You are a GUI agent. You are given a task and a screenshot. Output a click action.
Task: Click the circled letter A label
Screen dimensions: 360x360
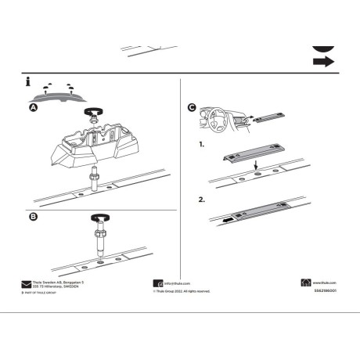[32, 110]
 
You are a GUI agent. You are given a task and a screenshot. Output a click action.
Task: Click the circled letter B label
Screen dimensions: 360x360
[32, 217]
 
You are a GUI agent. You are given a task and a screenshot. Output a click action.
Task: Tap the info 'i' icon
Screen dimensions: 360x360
[28, 81]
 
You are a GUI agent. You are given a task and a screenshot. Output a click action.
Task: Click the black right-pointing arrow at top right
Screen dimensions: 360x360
[324, 61]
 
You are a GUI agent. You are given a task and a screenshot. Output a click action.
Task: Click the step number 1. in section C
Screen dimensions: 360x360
[202, 146]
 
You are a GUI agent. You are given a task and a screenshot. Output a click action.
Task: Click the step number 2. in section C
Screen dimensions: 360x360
[202, 200]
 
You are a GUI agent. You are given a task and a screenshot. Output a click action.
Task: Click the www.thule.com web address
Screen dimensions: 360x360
[326, 283]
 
